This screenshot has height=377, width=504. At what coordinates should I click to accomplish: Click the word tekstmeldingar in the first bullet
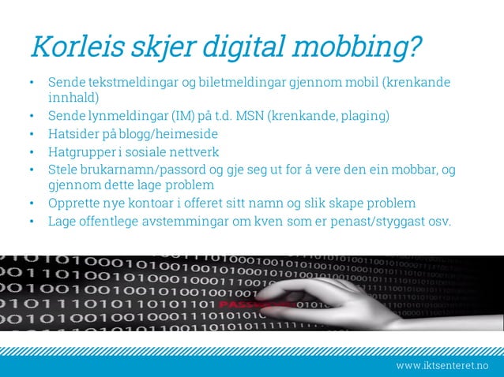[x=121, y=82]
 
